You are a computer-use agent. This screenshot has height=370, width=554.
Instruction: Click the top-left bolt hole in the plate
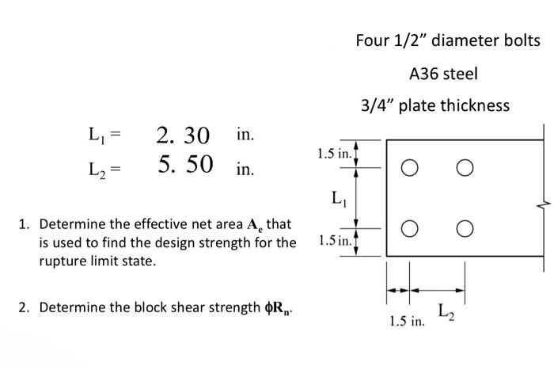pos(409,169)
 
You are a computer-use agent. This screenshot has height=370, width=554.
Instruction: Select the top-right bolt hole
pos(465,169)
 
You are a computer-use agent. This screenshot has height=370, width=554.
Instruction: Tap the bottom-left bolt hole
pos(409,229)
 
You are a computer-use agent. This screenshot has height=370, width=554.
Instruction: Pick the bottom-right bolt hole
pos(465,229)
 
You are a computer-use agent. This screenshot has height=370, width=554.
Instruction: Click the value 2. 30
pos(183,135)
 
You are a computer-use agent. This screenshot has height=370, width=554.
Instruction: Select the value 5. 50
pos(185,164)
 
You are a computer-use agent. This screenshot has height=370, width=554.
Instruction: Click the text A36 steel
pos(443,74)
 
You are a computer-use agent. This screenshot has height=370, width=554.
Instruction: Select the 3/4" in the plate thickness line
pos(378,105)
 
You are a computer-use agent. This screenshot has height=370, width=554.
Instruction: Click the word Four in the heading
pos(372,40)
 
